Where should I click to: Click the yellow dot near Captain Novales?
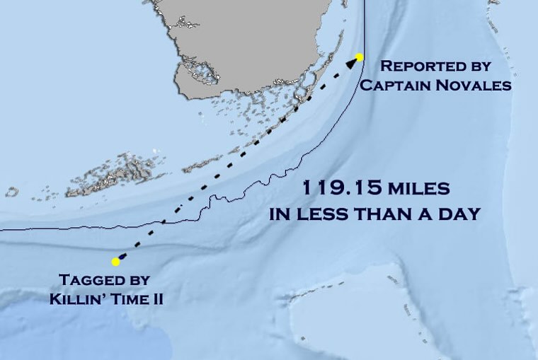359,57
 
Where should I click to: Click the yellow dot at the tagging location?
115,262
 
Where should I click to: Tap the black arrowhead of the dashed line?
351,63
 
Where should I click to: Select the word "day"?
458,214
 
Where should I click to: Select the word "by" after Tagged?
139,280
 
